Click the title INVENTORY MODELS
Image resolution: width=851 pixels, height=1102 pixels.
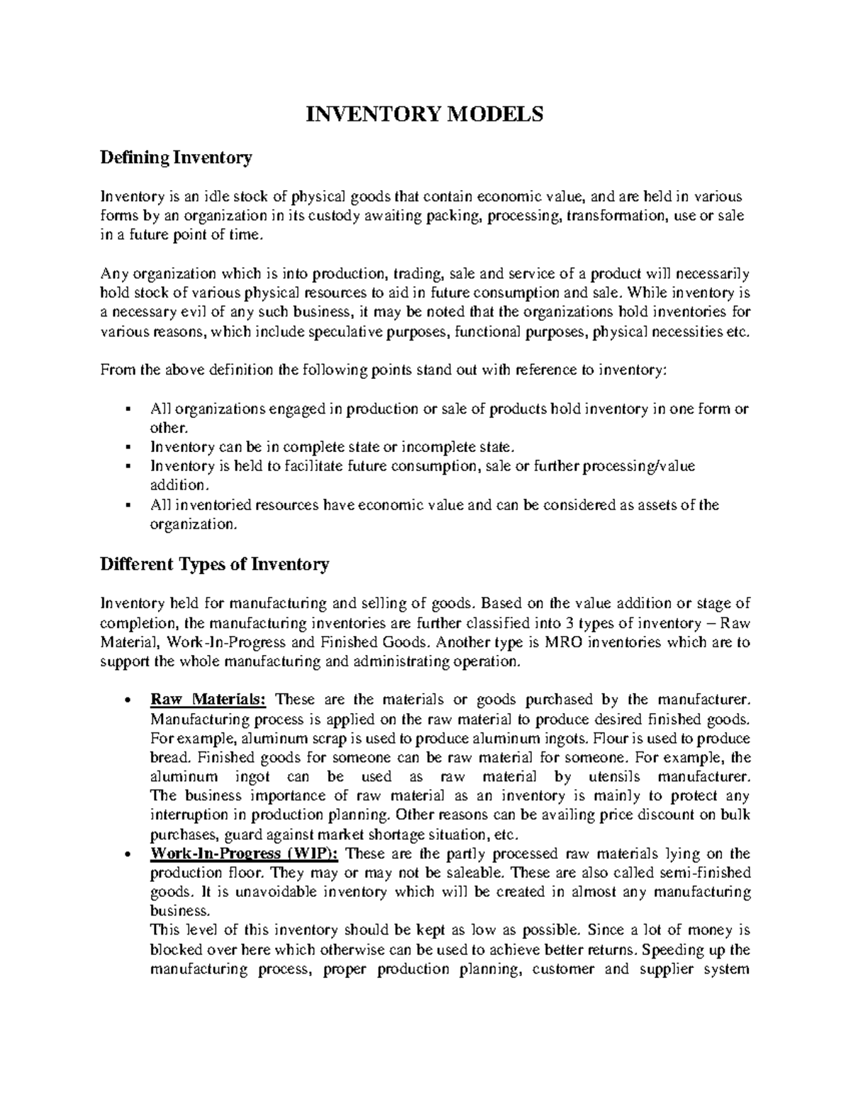click(424, 114)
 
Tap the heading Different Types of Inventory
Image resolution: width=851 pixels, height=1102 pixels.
click(215, 565)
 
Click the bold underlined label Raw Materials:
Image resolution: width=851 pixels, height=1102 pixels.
click(208, 700)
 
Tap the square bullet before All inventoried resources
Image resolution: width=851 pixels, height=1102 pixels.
click(127, 506)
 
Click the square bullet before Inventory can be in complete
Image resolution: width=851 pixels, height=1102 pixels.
click(127, 448)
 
